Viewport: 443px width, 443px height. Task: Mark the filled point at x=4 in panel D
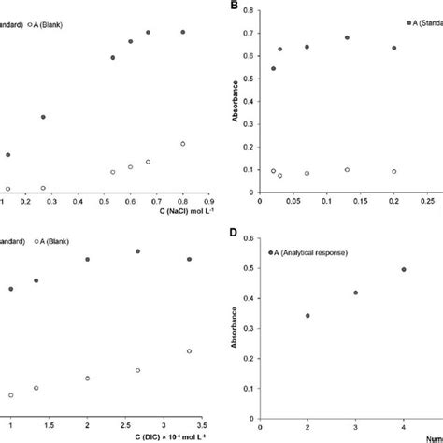(x=404, y=269)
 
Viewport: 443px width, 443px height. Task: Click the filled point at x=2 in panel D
(x=307, y=316)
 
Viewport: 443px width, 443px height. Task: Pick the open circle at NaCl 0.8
(x=183, y=144)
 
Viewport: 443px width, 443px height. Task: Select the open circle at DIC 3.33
(x=190, y=351)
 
